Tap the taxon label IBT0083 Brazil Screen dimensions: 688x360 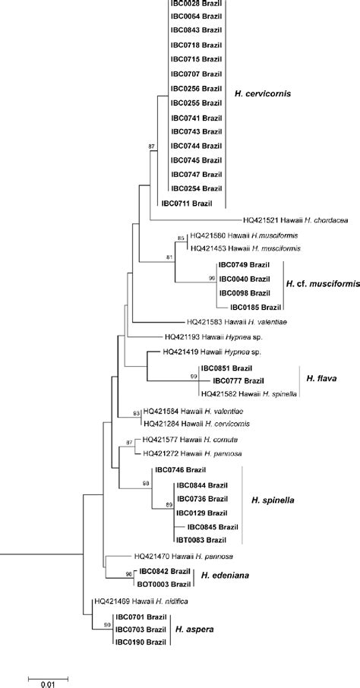[x=201, y=540]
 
